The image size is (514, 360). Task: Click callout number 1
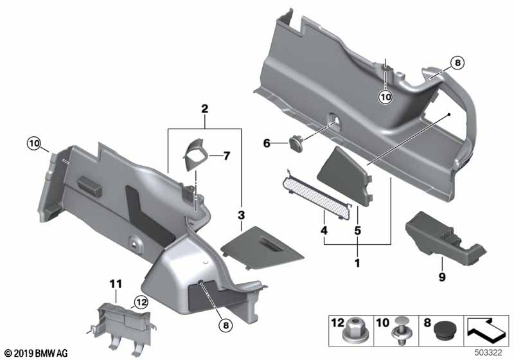[x=357, y=262]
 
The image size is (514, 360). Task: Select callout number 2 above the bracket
[x=204, y=109]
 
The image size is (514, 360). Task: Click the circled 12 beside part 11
[x=140, y=301]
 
